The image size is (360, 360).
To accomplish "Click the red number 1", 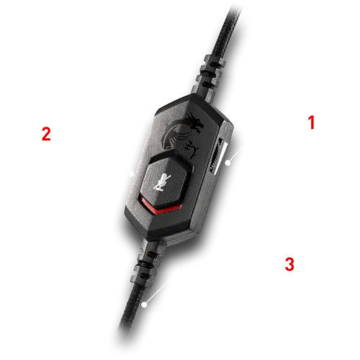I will pyautogui.click(x=312, y=122).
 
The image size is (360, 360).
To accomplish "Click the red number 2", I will pyautogui.click(x=45, y=134).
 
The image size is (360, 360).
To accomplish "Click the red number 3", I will pyautogui.click(x=289, y=262).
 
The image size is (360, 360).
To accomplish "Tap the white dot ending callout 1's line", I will pyautogui.click(x=227, y=163).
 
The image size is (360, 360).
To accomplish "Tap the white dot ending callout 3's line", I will pyautogui.click(x=145, y=305).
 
